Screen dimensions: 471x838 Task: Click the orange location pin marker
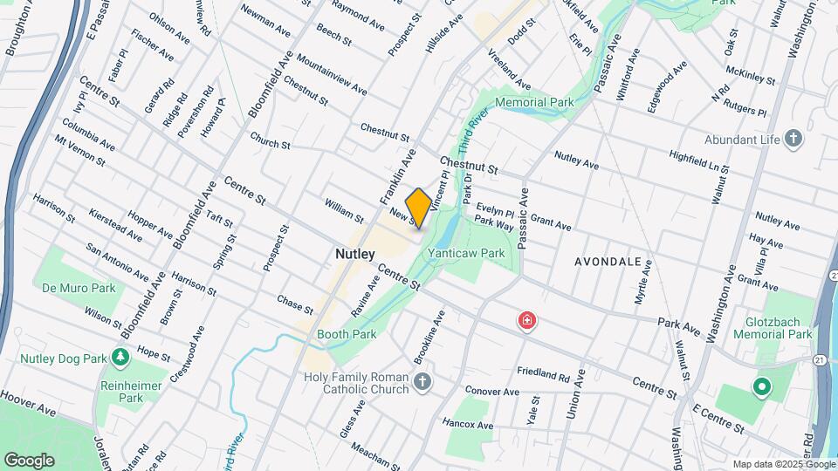pyautogui.click(x=418, y=208)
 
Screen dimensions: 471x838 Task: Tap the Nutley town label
pyautogui.click(x=355, y=254)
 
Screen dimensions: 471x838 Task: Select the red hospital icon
pyautogui.click(x=526, y=321)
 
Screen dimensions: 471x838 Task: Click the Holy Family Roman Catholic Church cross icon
pyautogui.click(x=422, y=381)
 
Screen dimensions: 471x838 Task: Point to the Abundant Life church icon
pyautogui.click(x=793, y=138)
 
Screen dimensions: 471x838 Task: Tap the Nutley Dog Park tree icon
pyautogui.click(x=120, y=355)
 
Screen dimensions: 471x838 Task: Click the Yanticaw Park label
pyautogui.click(x=466, y=253)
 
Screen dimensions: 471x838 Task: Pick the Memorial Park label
pyautogui.click(x=534, y=102)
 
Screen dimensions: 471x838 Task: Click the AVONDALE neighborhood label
pyautogui.click(x=608, y=261)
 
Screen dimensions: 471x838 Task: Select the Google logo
pyautogui.click(x=29, y=460)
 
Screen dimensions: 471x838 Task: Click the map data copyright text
pyautogui.click(x=782, y=464)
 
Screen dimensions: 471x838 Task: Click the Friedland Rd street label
pyautogui.click(x=542, y=375)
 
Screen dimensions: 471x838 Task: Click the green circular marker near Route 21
pyautogui.click(x=760, y=386)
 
